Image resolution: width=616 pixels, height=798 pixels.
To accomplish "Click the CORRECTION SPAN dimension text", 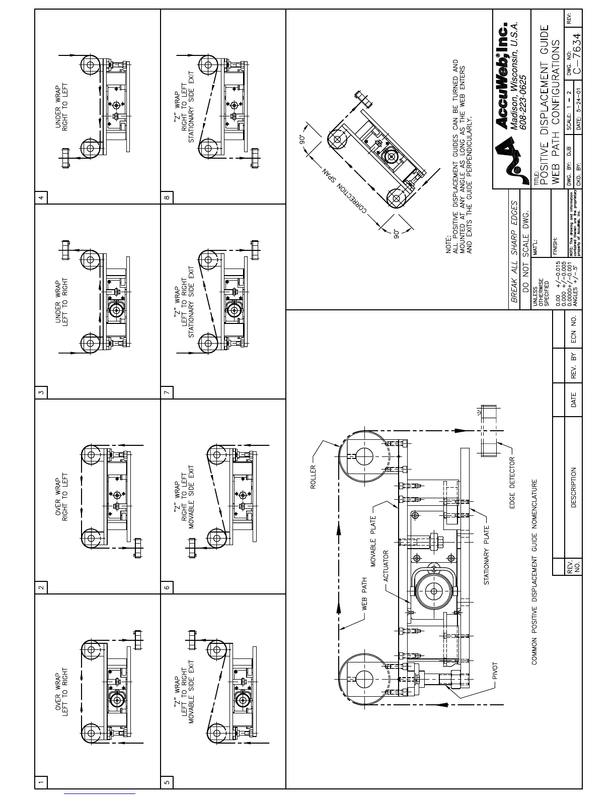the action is tap(344, 191).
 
